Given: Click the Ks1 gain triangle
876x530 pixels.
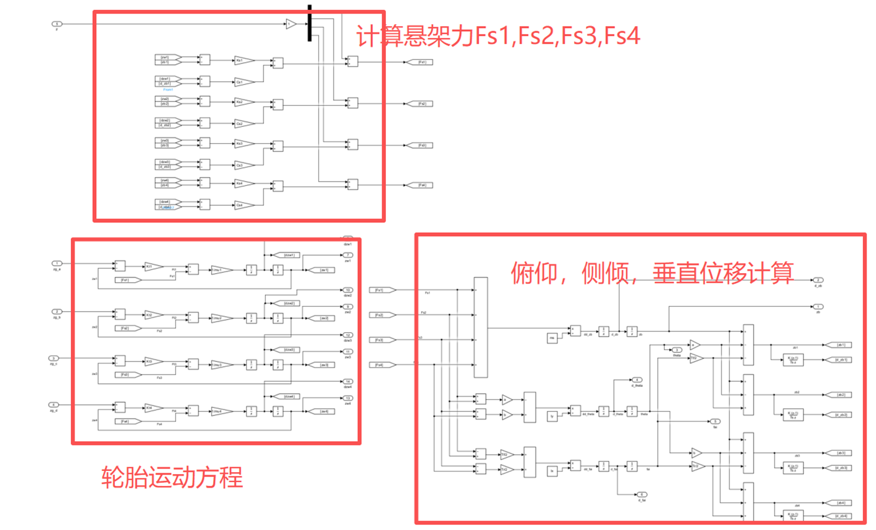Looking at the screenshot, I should tap(244, 60).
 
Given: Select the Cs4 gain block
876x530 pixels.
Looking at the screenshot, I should tap(244, 205).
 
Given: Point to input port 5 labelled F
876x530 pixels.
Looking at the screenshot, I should tap(57, 24).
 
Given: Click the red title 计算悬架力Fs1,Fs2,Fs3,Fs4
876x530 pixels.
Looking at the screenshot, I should tap(498, 35).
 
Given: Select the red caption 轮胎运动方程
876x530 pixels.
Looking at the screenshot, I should tap(171, 478).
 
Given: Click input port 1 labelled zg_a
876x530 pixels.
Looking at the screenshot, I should tap(57, 263).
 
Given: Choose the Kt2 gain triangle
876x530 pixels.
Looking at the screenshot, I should tap(153, 315).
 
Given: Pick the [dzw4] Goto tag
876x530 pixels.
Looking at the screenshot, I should tap(290, 396).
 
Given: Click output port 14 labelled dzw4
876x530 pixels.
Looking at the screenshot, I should tap(348, 381).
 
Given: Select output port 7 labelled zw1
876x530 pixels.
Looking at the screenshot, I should tap(348, 255).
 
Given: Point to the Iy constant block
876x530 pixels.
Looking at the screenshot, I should tap(552, 416).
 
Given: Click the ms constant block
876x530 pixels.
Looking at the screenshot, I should tap(552, 338).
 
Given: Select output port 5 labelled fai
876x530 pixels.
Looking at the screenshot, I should tap(714, 422).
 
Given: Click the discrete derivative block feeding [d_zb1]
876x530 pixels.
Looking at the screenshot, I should tap(793, 360).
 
